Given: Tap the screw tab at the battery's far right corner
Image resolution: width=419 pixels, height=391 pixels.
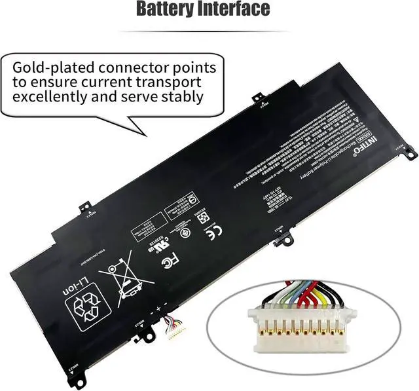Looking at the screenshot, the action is [410, 153].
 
